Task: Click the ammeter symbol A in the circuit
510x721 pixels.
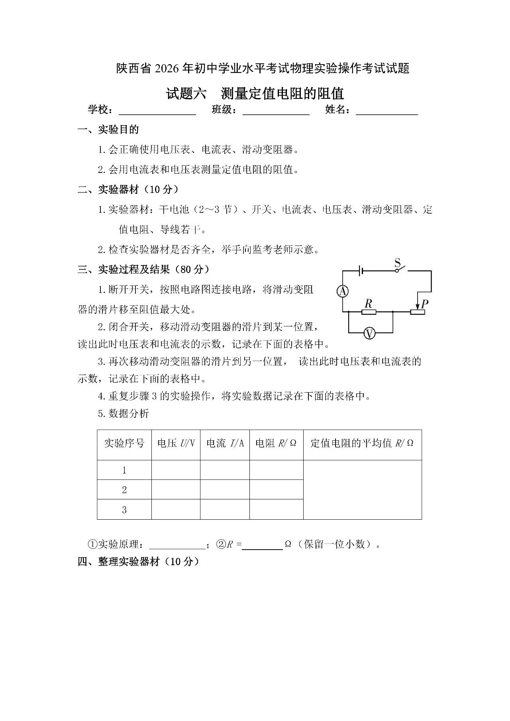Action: click(x=342, y=291)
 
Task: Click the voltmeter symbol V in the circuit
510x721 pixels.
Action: click(x=370, y=333)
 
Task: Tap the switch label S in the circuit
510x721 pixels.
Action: click(x=397, y=263)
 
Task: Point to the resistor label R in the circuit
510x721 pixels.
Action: click(x=369, y=304)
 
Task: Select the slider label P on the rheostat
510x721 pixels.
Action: click(x=425, y=304)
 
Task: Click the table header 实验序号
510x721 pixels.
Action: click(x=124, y=443)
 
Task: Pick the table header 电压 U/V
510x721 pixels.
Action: click(x=176, y=443)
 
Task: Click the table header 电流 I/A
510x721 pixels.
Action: click(x=225, y=443)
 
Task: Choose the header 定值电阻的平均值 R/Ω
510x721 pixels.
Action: click(x=362, y=443)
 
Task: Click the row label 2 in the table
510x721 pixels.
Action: click(x=124, y=489)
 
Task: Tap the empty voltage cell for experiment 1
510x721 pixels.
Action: click(x=176, y=470)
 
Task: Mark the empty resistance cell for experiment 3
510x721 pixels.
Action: click(x=276, y=509)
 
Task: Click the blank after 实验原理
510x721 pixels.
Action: click(x=177, y=545)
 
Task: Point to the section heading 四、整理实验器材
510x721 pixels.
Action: click(x=138, y=562)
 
